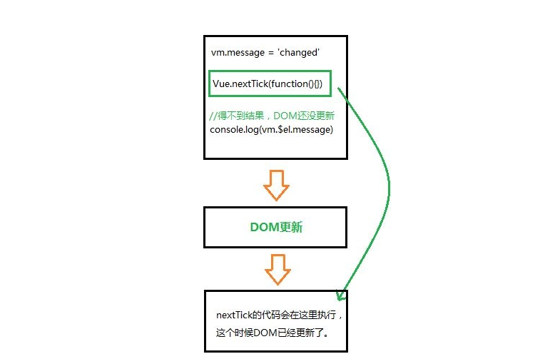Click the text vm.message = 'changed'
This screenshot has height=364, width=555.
point(265,53)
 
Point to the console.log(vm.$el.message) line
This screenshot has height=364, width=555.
point(271,129)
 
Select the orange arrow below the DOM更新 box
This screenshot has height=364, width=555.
point(277,268)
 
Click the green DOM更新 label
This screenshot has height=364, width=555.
point(276,228)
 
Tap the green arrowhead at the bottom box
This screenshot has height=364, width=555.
point(340,293)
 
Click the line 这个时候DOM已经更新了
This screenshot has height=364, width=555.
point(272,332)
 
